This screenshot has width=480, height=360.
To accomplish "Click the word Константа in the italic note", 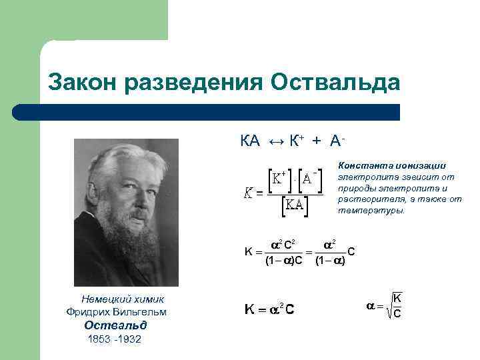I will point(361,165).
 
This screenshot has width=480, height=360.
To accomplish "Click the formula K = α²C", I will point(270,309).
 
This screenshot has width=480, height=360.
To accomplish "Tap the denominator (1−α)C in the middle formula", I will point(284,261).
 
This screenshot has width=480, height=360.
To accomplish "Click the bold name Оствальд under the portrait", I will point(115,325).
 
